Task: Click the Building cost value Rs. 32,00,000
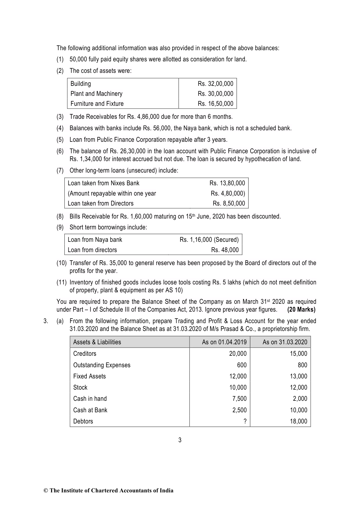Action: pyautogui.click(x=216, y=84)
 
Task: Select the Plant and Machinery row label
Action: pyautogui.click(x=96, y=94)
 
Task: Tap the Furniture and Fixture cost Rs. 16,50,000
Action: pyautogui.click(x=216, y=104)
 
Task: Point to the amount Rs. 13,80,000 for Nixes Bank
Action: pyautogui.click(x=227, y=183)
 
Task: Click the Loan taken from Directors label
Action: pyautogui.click(x=101, y=203)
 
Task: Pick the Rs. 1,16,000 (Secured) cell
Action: pyautogui.click(x=209, y=240)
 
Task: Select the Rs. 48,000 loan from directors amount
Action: pyautogui.click(x=225, y=250)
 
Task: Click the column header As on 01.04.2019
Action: pyautogui.click(x=224, y=342)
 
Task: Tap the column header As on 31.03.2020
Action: pyautogui.click(x=285, y=342)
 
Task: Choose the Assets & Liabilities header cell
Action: pyautogui.click(x=97, y=342)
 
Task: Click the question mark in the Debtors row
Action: pyautogui.click(x=245, y=421)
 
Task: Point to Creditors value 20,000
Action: pyautogui.click(x=238, y=354)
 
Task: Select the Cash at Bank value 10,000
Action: pyautogui.click(x=298, y=410)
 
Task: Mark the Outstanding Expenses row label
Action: pyautogui.click(x=102, y=365)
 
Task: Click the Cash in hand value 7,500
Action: pyautogui.click(x=239, y=399)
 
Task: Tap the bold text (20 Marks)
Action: pyautogui.click(x=301, y=310)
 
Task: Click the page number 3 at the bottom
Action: pyautogui.click(x=180, y=440)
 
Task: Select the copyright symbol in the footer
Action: pyautogui.click(x=46, y=491)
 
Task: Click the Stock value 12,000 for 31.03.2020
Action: pyautogui.click(x=298, y=387)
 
